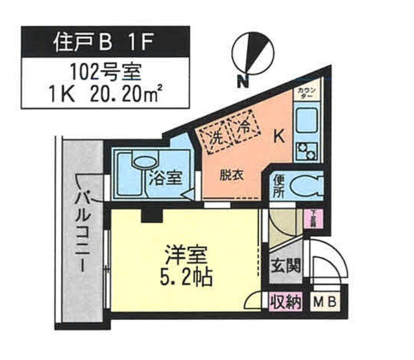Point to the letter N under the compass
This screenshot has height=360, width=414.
245,81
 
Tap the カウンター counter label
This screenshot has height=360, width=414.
307,93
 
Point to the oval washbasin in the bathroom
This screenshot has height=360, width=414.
145,162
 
